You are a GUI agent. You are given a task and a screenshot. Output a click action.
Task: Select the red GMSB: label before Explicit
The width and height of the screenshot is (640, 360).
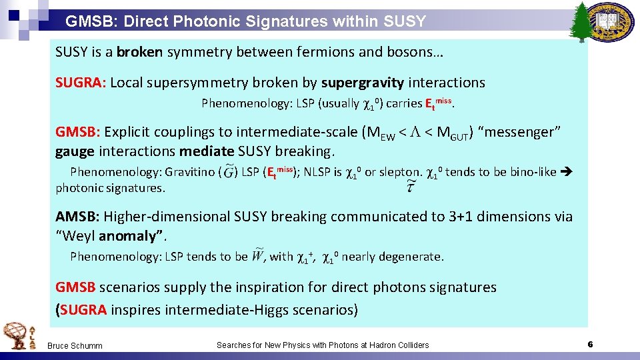point(77,132)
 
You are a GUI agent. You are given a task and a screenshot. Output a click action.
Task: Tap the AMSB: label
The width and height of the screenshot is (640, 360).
point(77,216)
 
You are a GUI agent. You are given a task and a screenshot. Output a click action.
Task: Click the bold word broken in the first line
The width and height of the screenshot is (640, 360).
point(140,51)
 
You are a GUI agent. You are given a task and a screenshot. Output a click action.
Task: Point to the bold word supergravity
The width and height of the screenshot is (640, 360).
point(362,83)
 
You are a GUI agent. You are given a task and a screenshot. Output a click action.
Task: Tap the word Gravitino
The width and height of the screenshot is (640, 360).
point(189,172)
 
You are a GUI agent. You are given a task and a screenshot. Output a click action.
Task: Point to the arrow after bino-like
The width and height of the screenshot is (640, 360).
point(568,172)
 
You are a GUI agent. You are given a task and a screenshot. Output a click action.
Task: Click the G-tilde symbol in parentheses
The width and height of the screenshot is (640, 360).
point(229,171)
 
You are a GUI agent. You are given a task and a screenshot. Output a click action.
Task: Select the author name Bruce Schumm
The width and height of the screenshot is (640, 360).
point(74,345)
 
